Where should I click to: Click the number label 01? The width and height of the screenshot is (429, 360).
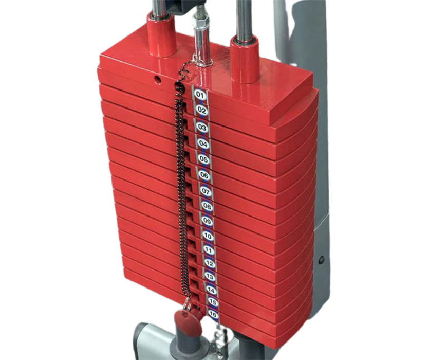click(200, 95)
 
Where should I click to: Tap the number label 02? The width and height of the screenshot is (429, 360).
click(201, 111)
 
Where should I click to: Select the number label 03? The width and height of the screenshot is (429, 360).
click(202, 128)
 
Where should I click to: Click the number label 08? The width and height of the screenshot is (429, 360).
click(207, 206)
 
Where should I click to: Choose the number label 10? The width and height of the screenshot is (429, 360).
click(208, 235)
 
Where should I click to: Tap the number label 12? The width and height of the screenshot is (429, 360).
click(210, 263)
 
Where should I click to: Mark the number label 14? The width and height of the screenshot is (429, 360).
click(211, 290)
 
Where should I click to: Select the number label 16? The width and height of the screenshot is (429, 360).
click(213, 314)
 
